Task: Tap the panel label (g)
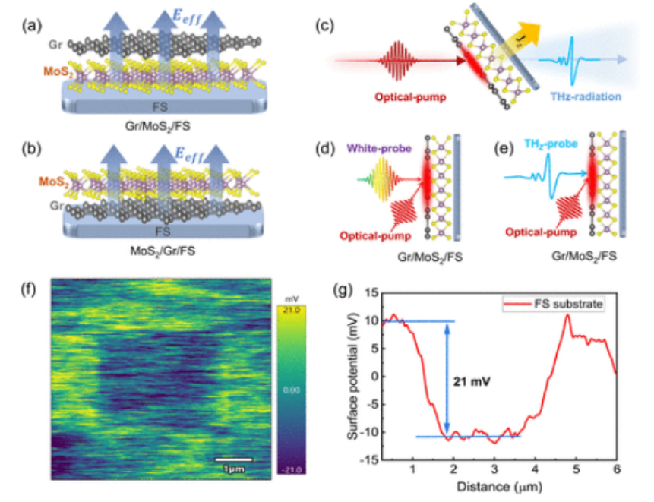(344, 292)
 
